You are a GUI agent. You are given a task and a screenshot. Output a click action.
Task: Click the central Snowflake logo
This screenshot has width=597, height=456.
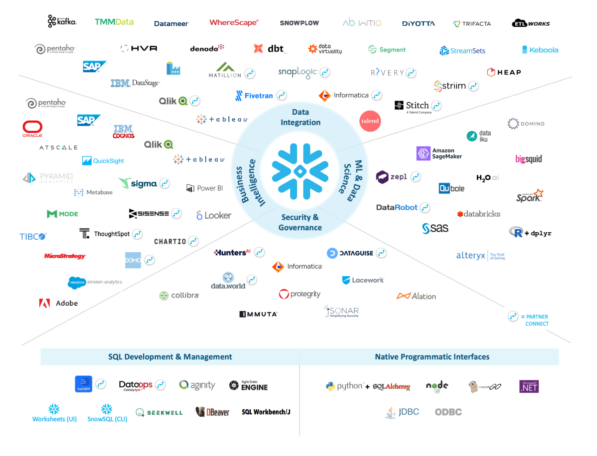point(300,171)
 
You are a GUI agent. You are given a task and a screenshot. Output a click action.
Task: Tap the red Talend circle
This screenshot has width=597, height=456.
point(370,121)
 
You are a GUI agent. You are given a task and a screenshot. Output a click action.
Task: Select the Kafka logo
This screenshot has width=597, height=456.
point(62,21)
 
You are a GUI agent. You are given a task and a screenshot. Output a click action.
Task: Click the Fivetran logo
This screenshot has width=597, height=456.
point(254,96)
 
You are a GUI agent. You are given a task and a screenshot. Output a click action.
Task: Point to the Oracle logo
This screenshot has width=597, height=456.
point(32,128)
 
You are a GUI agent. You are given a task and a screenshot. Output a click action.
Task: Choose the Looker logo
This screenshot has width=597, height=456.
point(214,215)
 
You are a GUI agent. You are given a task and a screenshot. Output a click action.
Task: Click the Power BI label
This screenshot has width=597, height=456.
point(205,188)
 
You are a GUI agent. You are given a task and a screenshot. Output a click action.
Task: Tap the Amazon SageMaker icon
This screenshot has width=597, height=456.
point(423,153)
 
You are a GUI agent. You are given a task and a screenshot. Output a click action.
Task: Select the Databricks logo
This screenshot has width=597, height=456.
point(479,214)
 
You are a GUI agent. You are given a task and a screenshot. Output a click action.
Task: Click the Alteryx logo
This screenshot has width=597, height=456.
point(471,256)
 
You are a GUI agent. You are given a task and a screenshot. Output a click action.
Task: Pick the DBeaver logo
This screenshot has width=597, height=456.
point(212,412)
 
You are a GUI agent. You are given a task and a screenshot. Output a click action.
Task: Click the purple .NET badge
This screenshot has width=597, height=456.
point(529,386)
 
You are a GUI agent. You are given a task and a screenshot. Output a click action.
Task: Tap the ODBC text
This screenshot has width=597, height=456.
point(448,412)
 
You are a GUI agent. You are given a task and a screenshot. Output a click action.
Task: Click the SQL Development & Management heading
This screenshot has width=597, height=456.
point(170,357)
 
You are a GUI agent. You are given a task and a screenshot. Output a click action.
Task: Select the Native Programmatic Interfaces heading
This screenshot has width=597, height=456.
point(432,357)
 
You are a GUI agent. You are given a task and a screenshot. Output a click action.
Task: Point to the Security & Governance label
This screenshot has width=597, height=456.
point(300,222)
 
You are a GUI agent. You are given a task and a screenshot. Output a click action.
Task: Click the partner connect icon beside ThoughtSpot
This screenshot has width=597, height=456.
point(138,234)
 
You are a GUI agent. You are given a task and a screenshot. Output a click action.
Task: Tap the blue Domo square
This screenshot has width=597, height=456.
point(133,260)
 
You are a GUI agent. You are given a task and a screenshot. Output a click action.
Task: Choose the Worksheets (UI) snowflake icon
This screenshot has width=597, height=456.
point(54,409)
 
